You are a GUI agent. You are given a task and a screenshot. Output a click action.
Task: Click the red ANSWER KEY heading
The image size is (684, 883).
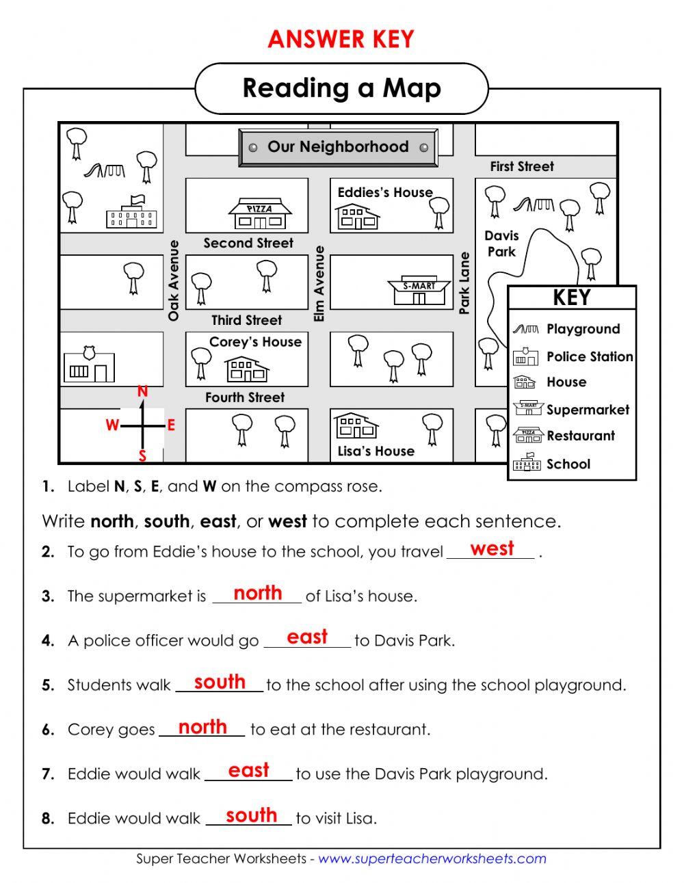(341, 40)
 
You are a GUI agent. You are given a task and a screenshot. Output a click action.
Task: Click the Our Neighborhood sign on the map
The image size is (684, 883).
(338, 147)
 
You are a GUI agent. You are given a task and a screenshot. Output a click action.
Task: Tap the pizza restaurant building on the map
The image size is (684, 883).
(260, 214)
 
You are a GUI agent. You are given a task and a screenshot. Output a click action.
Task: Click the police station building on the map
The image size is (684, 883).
(89, 366)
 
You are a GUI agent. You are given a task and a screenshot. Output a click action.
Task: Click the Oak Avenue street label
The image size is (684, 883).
(174, 280)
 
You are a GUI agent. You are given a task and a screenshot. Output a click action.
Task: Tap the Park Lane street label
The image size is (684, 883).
(465, 283)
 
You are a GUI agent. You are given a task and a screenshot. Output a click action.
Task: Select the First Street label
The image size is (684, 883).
(522, 166)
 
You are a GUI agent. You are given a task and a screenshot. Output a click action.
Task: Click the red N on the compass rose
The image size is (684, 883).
(142, 392)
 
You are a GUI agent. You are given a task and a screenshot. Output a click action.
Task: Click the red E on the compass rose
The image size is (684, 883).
(171, 425)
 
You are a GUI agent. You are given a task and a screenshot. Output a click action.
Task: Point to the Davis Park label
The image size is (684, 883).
(502, 243)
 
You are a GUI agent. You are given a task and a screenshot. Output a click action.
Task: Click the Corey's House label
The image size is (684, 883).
(255, 342)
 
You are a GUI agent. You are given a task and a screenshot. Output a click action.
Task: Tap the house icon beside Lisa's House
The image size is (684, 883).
(356, 426)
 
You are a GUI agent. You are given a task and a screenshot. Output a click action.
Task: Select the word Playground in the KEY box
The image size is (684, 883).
(583, 329)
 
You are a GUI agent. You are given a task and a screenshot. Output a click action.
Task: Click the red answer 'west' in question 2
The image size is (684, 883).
(492, 549)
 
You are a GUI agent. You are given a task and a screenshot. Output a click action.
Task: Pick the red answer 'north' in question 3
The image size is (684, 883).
(258, 593)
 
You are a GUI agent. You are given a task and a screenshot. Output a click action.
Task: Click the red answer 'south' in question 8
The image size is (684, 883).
(251, 815)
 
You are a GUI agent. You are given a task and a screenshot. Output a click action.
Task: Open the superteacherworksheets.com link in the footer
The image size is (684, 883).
(432, 858)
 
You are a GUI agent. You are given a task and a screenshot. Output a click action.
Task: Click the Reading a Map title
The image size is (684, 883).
(342, 88)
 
